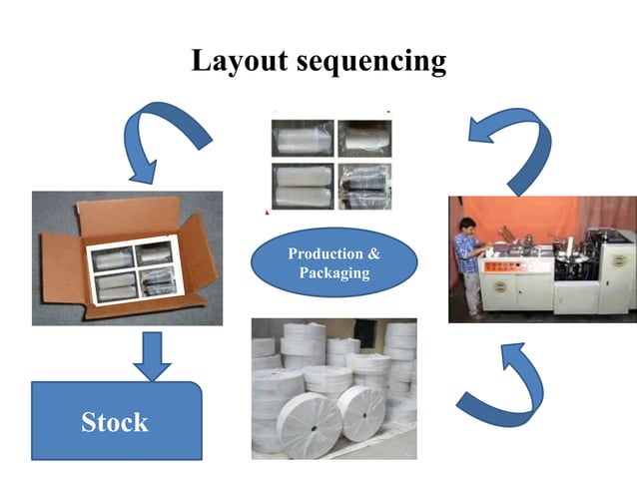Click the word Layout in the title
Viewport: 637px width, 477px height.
point(241,61)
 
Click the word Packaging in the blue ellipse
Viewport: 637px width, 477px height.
point(333,273)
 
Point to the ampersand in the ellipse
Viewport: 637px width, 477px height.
point(374,253)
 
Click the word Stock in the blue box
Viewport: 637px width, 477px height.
point(115,422)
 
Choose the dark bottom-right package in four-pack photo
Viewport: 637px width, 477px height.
point(363,186)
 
